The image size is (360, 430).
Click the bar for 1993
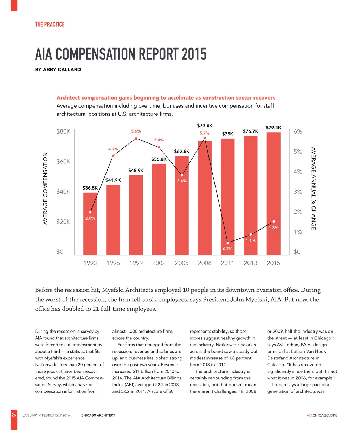pos(90,232)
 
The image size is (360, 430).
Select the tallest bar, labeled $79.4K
pos(274,193)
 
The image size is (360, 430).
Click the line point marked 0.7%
pos(228,243)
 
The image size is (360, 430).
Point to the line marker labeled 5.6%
pos(136,139)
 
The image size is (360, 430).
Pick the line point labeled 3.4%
pos(182,175)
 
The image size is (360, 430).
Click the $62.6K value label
pos(182,152)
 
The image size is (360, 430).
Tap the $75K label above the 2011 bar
pos(227,134)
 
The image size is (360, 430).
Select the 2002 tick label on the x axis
pos(159,263)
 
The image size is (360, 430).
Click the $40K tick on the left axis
pos(63,192)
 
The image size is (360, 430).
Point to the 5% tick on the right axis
pos(298,152)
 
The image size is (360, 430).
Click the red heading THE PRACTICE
pos(50,24)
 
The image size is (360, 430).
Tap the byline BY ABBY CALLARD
pos(58,69)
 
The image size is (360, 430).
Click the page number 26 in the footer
pos(14,415)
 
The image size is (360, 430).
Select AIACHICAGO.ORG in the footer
pos(322,415)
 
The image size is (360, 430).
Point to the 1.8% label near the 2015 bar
pos(274,228)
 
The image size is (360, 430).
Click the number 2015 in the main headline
pos(194,54)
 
